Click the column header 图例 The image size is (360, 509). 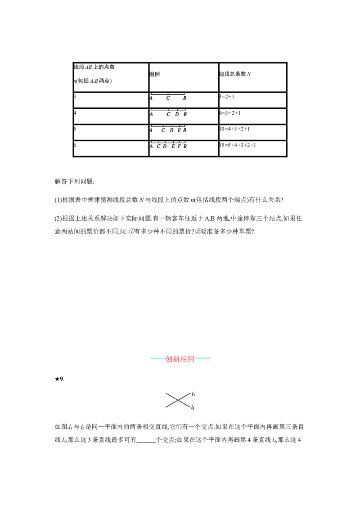tap(154, 74)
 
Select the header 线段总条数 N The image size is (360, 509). tap(235, 74)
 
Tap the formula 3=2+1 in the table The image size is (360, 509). tap(226, 97)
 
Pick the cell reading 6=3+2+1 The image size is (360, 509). tap(229, 113)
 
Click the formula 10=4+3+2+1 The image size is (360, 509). tap(234, 129)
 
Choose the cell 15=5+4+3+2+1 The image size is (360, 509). tap(238, 145)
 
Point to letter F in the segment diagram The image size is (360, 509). tap(179, 147)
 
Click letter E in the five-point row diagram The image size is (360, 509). tap(179, 130)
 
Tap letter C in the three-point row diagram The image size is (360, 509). tap(168, 98)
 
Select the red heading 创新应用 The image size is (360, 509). tap(180, 359)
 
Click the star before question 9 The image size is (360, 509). tap(57, 379)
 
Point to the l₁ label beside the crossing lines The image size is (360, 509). tap(193, 394)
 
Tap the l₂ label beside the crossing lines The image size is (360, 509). tap(193, 407)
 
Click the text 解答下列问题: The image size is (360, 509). tap(74, 182)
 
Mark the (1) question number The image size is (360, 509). tap(58, 200)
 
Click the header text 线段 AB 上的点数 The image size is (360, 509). tap(94, 67)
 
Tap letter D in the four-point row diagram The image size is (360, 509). tap(177, 114)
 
